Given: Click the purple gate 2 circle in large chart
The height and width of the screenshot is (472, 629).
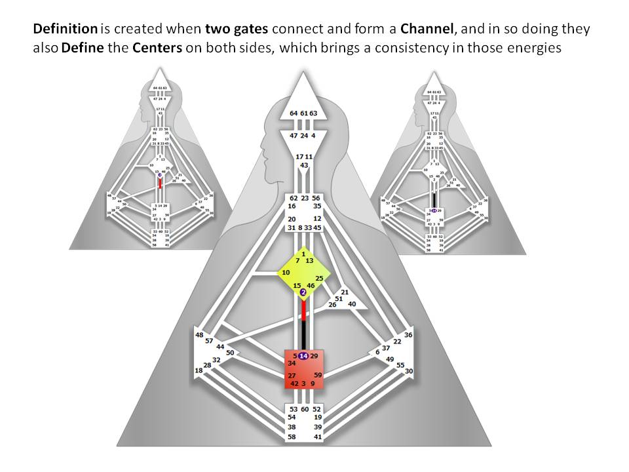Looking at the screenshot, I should (303, 292).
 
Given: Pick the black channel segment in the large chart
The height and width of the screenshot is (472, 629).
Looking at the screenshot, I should (303, 335).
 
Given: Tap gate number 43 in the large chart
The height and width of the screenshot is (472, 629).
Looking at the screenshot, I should (304, 165).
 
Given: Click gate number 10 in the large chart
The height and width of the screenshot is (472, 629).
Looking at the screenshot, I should (286, 272).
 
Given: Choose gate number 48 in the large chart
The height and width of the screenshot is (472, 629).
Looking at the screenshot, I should (199, 335).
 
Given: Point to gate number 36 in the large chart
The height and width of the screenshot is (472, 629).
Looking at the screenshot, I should (408, 335).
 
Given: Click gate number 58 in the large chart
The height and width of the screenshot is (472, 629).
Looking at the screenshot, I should (292, 436).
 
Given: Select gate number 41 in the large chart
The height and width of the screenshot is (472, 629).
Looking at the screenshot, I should (317, 436).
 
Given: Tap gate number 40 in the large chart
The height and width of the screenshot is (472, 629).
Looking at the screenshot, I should (352, 304).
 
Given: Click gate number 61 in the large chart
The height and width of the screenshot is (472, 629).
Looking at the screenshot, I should (304, 113).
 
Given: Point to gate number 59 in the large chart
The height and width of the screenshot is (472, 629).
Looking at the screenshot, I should (318, 375).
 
